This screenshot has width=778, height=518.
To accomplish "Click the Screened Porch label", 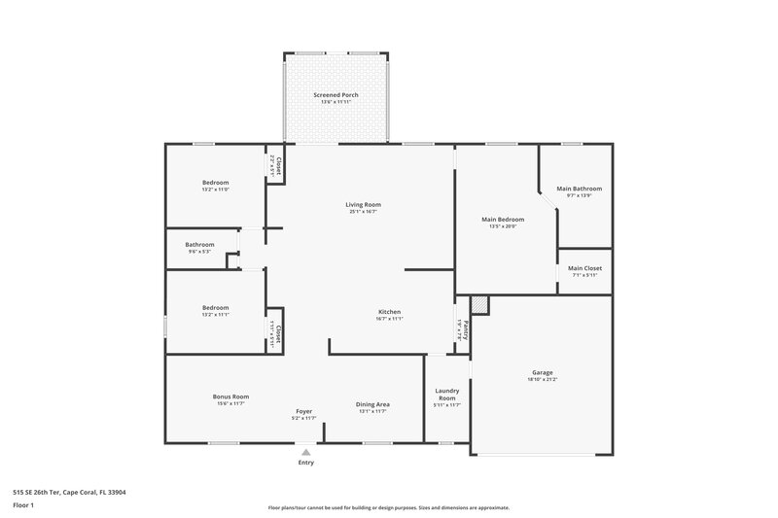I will [336, 94].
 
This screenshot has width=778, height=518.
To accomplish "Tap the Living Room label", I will [363, 204].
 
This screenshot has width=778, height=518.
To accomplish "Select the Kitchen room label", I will [390, 311].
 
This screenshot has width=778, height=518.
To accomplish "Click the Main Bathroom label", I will [579, 189].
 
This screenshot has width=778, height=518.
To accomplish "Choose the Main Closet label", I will [584, 268].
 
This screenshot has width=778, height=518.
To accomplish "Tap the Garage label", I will [542, 372].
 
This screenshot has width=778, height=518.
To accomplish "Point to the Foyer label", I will [303, 411].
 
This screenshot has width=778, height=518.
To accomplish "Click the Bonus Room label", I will [231, 396].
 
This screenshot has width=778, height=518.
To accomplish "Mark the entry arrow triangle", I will [306, 452].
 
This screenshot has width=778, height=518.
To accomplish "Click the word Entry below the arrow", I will [306, 463].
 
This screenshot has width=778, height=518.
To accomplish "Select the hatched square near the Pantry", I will [478, 304].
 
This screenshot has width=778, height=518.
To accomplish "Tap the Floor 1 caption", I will [23, 505].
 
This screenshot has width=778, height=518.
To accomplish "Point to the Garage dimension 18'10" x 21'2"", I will [542, 380].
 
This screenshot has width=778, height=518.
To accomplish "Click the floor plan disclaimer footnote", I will [388, 507].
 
